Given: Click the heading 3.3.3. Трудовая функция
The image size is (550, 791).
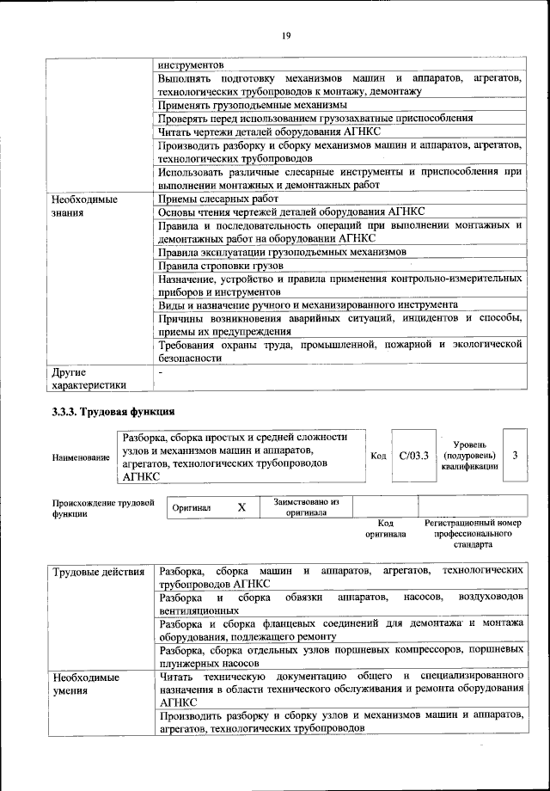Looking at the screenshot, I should click(113, 410).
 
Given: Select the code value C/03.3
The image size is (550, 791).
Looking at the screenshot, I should click(413, 455).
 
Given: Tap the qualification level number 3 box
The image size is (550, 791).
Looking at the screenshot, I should click(514, 455).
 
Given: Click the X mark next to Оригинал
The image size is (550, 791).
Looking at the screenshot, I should click(241, 508).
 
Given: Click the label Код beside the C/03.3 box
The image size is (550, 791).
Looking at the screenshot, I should click(378, 455).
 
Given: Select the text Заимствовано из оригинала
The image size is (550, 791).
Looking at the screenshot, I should click(307, 507).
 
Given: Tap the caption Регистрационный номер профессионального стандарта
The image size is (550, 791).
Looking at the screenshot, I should click(473, 533).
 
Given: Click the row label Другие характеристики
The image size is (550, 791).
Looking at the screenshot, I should click(89, 379).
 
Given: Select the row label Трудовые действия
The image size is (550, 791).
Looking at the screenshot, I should click(98, 571).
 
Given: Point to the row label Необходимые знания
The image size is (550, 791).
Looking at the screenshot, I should click(82, 205).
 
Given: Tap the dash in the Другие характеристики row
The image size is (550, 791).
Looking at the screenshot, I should click(161, 373).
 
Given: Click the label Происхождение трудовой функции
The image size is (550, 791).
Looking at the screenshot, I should click(102, 507).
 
